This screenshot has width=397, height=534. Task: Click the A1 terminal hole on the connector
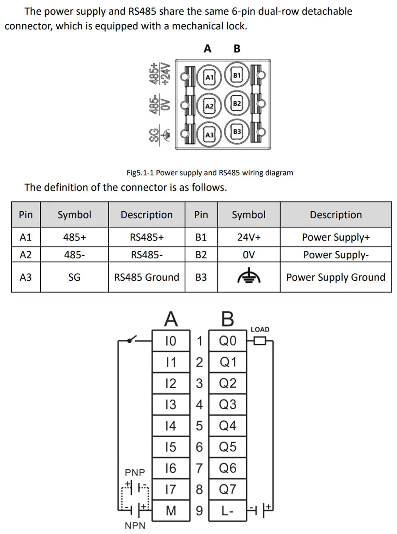point(209,77)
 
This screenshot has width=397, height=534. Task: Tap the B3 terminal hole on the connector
point(237,131)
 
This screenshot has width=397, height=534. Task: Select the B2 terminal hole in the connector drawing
point(237,103)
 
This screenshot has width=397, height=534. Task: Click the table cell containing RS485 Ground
point(146,277)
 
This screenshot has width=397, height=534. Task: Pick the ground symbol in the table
point(249,276)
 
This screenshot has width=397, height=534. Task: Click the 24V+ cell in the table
point(249,237)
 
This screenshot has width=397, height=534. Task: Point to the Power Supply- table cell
point(336,254)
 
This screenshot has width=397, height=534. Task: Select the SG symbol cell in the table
point(74,277)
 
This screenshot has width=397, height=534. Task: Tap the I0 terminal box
point(171,341)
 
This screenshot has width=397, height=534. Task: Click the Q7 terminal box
point(227,489)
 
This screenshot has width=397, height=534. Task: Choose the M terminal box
point(171,511)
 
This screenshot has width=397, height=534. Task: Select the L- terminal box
point(227,511)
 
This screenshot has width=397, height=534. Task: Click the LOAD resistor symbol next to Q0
point(260,341)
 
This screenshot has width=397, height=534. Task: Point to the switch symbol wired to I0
point(132,339)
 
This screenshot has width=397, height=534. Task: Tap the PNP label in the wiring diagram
point(135,472)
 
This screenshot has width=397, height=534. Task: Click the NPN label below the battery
point(135,526)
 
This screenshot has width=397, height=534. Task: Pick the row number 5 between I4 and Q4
point(199,426)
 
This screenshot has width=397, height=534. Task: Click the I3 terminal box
point(171,405)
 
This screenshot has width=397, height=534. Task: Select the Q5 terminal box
point(227,447)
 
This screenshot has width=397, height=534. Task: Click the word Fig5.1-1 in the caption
point(140,173)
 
